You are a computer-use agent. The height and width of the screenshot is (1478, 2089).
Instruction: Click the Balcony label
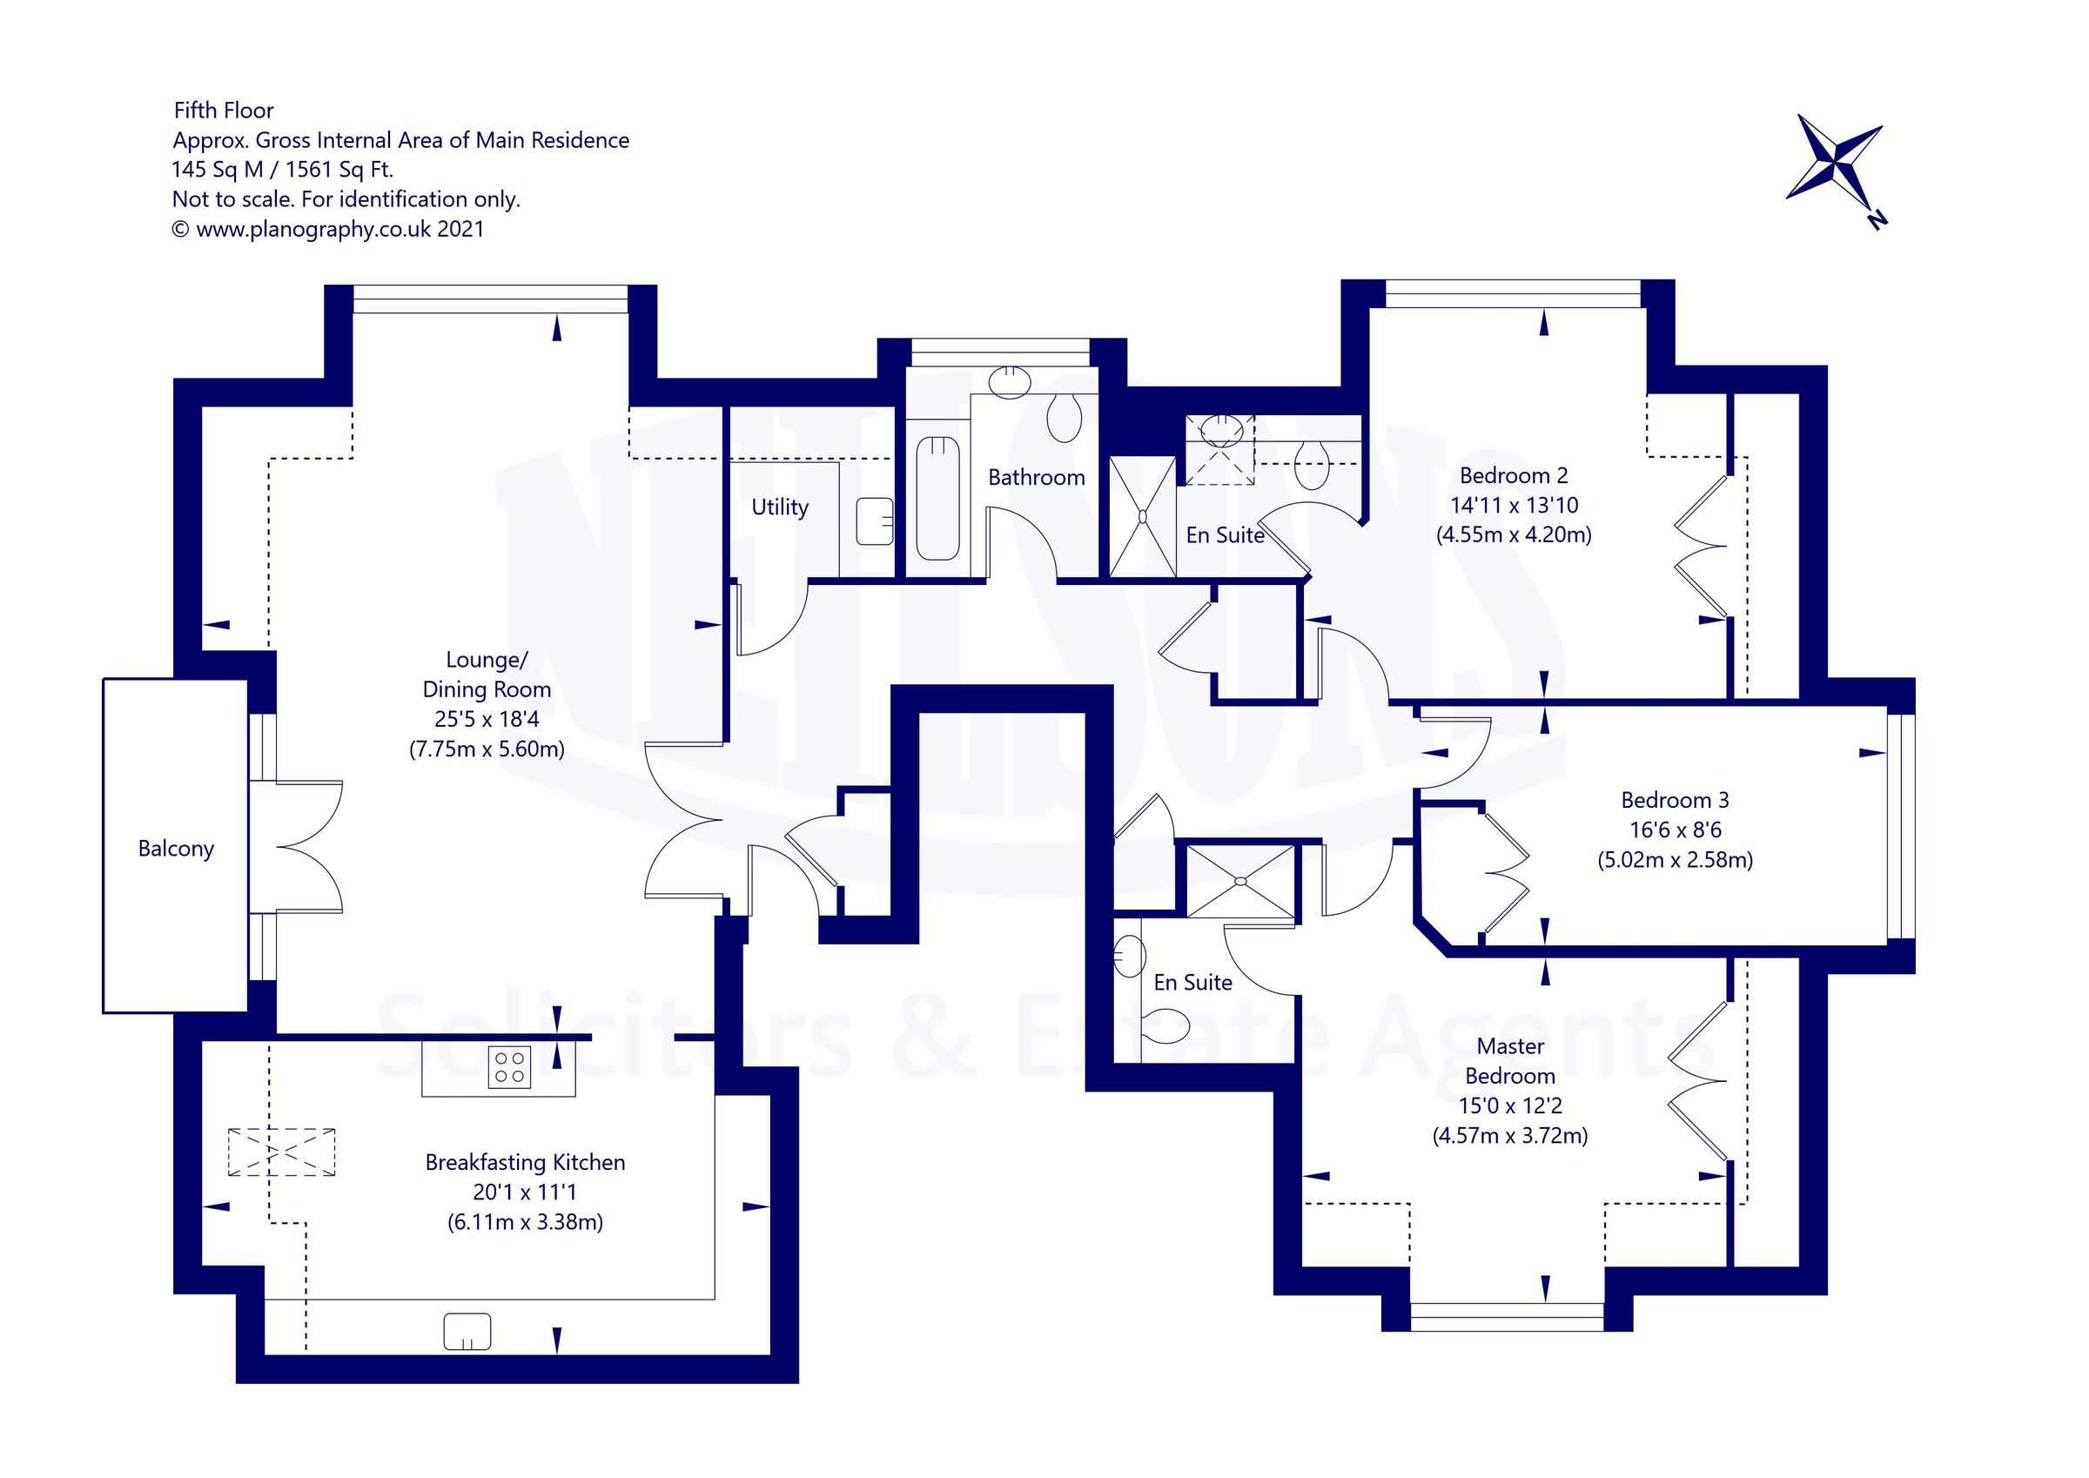coord(176,848)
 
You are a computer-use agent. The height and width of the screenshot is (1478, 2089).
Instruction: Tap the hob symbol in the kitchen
coord(509,1067)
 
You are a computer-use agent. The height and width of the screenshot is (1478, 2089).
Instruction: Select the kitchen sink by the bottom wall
coord(467,1333)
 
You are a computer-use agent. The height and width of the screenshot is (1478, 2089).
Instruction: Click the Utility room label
coord(780,507)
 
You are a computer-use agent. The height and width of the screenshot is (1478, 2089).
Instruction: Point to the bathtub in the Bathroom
coord(938,499)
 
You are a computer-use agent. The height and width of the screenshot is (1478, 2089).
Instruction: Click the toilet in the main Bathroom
coord(1064,418)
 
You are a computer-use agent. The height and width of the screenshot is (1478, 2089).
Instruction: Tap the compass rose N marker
coord(1876,218)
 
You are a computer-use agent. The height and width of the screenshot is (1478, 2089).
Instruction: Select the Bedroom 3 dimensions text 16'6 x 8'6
coord(1675,830)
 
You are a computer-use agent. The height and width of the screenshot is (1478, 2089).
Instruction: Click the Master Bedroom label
coord(1510,1061)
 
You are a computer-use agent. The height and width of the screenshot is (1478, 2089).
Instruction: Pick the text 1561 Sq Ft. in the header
coord(339,169)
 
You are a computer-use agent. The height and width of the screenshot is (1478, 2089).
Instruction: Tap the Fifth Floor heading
coord(224,111)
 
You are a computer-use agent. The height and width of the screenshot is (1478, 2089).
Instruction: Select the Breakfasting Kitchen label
coord(525,1162)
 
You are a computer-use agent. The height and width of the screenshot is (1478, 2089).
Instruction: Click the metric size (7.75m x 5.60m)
coord(487,749)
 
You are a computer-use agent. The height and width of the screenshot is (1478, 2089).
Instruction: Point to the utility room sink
coord(875,521)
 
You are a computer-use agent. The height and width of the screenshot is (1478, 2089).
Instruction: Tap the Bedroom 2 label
coord(1513,475)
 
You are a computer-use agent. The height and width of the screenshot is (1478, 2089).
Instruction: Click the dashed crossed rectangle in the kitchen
coord(281,1152)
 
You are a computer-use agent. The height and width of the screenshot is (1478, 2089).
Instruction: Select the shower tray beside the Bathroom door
coord(1143,517)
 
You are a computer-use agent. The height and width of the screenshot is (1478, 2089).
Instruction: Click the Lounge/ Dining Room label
coord(487,675)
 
